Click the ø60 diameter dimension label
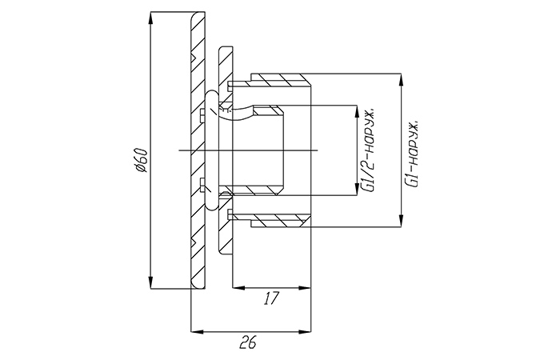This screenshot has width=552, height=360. coord(141,161)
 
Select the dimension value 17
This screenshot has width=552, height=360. coord(270,298)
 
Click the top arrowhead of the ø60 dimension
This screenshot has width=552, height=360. coord(152,18)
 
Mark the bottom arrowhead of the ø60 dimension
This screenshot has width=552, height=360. coord(152,286)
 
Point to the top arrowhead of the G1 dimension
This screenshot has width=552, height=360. coord(399,78)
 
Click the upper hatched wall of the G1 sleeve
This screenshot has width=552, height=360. coord(280,79)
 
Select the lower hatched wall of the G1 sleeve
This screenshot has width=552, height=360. coord(280,221)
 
